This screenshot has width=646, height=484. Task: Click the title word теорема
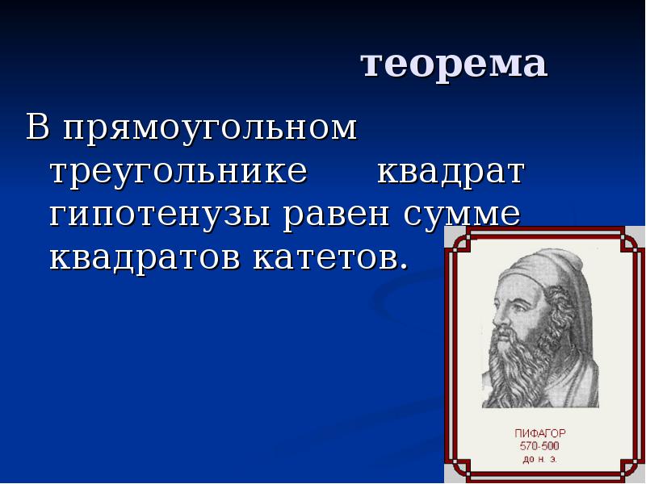coord(454,65)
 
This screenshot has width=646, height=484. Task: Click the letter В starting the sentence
coord(38,129)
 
